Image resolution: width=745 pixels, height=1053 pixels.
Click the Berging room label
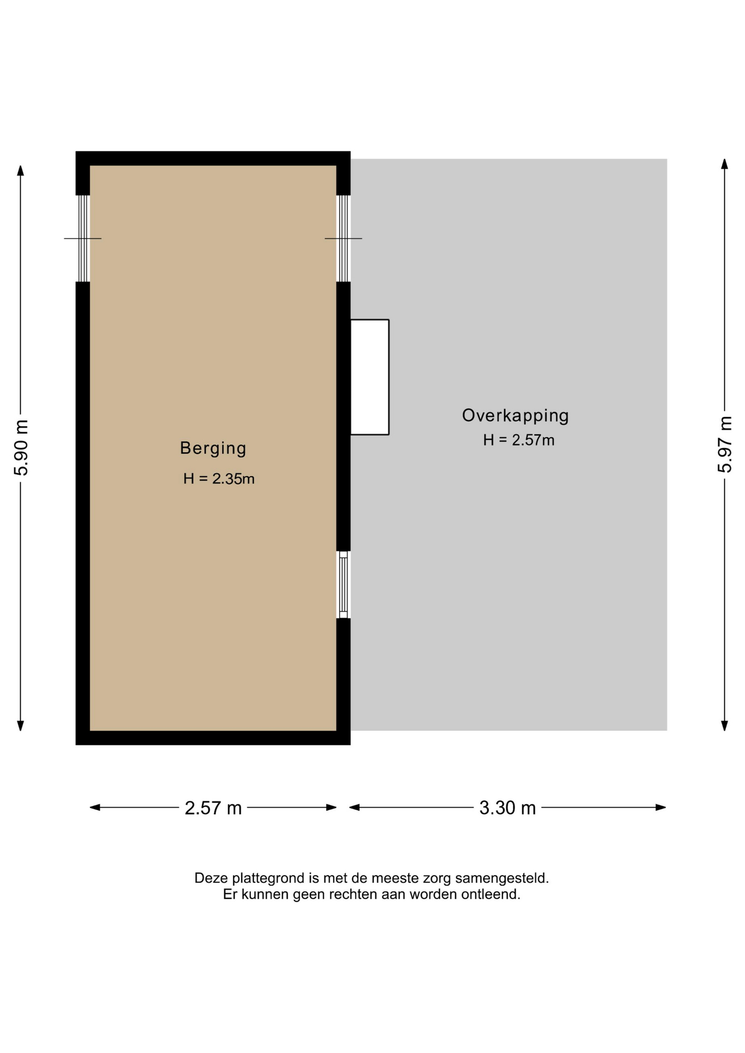click(213, 449)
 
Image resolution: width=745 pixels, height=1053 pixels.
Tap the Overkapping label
click(515, 416)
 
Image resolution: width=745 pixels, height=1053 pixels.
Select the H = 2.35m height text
click(219, 479)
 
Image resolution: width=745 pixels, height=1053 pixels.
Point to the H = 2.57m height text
click(518, 440)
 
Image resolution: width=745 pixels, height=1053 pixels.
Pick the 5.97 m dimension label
click(725, 445)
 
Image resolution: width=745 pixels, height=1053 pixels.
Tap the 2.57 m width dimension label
click(213, 808)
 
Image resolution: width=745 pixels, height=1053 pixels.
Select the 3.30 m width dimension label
click(507, 808)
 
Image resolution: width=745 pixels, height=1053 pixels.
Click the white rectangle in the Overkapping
click(370, 377)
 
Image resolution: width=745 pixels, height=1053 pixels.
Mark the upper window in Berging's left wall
click(83, 239)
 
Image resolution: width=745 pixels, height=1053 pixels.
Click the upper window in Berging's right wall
click(343, 239)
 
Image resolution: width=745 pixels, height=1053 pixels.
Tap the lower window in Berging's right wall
click(343, 585)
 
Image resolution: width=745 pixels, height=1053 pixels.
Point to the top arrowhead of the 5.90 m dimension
click(21, 171)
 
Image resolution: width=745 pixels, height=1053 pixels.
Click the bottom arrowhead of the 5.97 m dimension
click(724, 726)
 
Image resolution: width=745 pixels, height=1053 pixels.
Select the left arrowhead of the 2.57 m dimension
click(95, 807)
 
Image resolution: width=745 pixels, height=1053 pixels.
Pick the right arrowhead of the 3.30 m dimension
click(661, 807)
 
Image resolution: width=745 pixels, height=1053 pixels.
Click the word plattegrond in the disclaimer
click(268, 879)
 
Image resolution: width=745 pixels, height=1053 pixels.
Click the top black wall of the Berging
click(213, 158)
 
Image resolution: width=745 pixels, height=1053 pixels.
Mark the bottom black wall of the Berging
click(213, 738)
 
